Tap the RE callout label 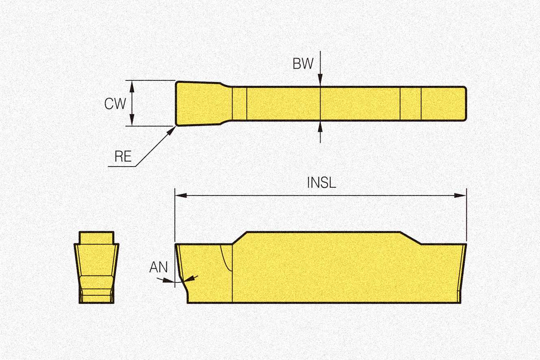123,157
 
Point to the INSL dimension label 321,182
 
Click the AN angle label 158,267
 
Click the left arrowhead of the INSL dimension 180,195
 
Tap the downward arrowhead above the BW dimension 320,82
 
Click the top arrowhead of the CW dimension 132,84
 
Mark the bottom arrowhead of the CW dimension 132,121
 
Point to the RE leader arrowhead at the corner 173,128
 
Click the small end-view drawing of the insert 96,268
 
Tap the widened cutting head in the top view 199,103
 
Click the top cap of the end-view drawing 96,237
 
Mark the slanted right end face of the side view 461,272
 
